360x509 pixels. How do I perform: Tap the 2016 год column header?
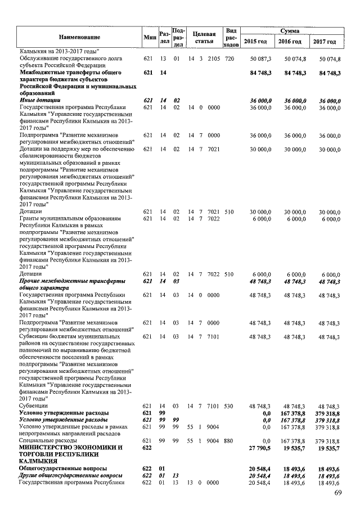click(x=291, y=42)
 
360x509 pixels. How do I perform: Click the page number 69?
click(x=338, y=493)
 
